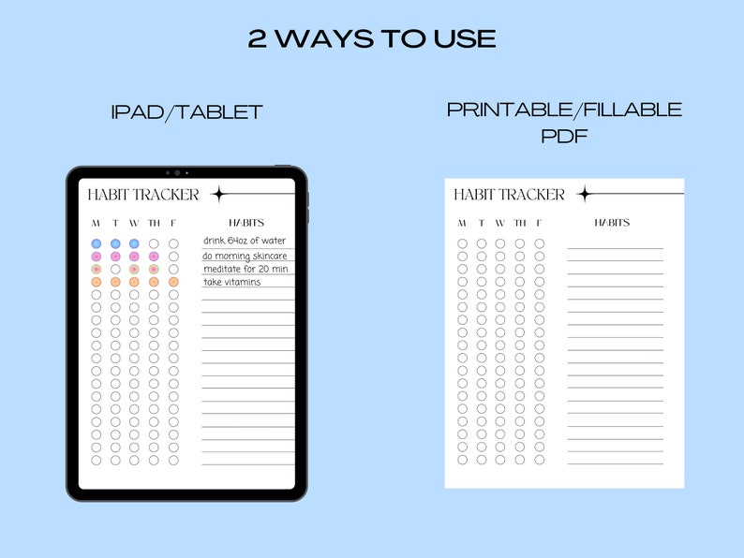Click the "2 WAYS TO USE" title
tap(372, 39)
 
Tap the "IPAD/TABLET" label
tap(186, 113)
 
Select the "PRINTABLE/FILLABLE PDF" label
tap(564, 123)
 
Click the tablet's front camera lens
tap(176, 172)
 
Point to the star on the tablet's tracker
tap(219, 195)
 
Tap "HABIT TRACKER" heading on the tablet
tap(143, 195)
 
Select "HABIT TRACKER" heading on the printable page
tap(509, 195)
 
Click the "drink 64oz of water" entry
tap(245, 242)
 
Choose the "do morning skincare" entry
tap(245, 256)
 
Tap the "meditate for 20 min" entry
tap(245, 270)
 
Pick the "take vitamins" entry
tap(232, 282)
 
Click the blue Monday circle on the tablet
tap(97, 243)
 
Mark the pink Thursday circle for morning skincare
tap(154, 257)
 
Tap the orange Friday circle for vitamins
tap(173, 282)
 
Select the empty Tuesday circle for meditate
tap(115, 269)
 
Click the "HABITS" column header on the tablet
tap(246, 223)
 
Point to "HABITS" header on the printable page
tap(612, 223)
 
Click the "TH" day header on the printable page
tap(519, 223)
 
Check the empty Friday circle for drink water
tap(173, 243)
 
